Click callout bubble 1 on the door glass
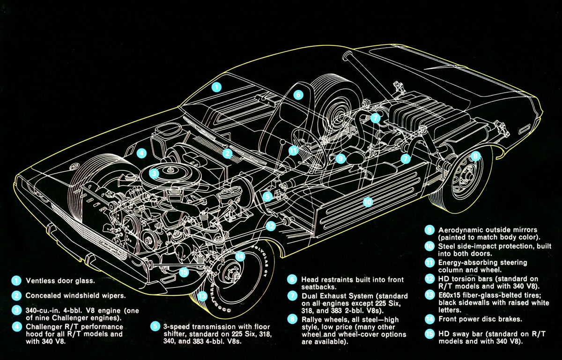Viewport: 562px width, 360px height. [216, 87]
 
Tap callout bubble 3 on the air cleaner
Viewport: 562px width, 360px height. [154, 173]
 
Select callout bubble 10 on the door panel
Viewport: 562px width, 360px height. [368, 202]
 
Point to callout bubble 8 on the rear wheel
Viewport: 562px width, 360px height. [475, 156]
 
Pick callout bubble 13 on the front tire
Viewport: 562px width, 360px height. [202, 296]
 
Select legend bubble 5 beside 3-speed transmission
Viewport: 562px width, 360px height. [155, 326]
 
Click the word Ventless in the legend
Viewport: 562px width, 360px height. [40, 281]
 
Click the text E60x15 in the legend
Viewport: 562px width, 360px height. [452, 294]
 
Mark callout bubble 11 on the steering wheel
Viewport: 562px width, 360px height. [293, 151]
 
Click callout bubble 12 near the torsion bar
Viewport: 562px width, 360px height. [271, 226]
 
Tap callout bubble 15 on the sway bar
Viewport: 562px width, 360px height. [184, 272]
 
